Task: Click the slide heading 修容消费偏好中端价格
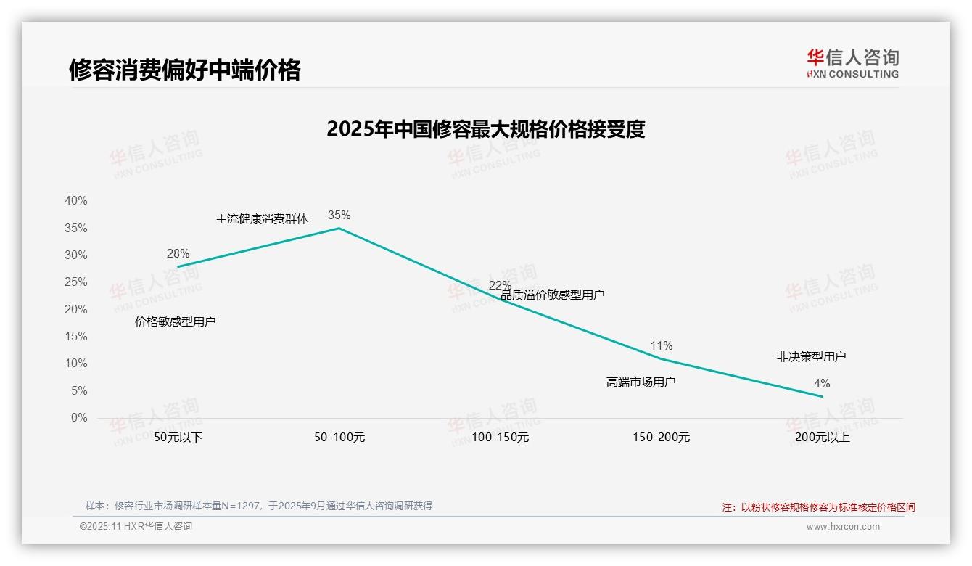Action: pyautogui.click(x=184, y=70)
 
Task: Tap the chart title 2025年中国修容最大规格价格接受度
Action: pyautogui.click(x=485, y=129)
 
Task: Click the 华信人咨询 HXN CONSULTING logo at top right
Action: pyautogui.click(x=852, y=63)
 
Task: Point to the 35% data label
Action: pyautogui.click(x=339, y=215)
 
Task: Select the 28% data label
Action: pyautogui.click(x=178, y=253)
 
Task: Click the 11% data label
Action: pyautogui.click(x=661, y=345)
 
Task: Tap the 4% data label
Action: pyautogui.click(x=822, y=383)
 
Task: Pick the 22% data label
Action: pyautogui.click(x=500, y=285)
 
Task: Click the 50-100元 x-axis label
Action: pyautogui.click(x=339, y=438)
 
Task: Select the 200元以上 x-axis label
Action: pyautogui.click(x=822, y=438)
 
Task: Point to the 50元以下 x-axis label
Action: pyautogui.click(x=178, y=438)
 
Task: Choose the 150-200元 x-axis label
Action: pyautogui.click(x=661, y=438)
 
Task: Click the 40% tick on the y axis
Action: pyautogui.click(x=75, y=201)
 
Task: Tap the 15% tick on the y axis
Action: pyautogui.click(x=75, y=337)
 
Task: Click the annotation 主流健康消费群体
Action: pyautogui.click(x=262, y=218)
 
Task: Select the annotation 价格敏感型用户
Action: pyautogui.click(x=176, y=321)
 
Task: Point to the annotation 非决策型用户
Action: pyautogui.click(x=811, y=356)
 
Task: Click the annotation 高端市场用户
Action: pyautogui.click(x=641, y=382)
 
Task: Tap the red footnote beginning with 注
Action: pyautogui.click(x=818, y=507)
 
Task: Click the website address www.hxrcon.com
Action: pyautogui.click(x=843, y=527)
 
